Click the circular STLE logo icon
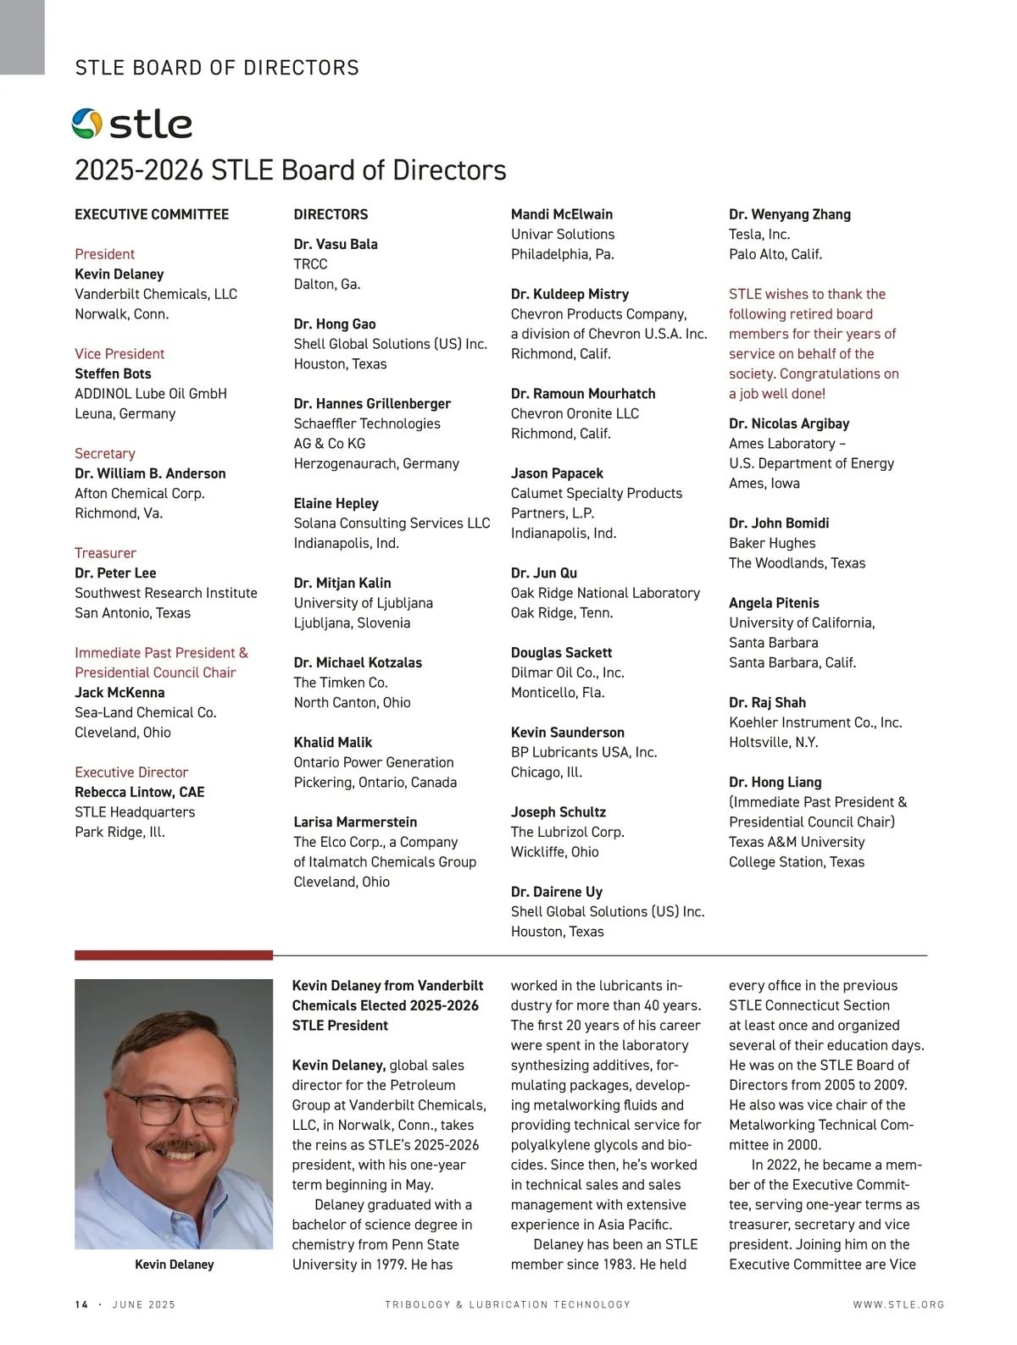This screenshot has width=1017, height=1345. pyautogui.click(x=86, y=124)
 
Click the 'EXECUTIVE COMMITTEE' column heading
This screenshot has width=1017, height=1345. pyautogui.click(x=152, y=214)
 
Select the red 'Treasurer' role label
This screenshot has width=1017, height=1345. pyautogui.click(x=105, y=553)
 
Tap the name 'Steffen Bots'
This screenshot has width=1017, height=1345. pyautogui.click(x=113, y=374)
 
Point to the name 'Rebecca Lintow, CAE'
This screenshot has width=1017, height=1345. pyautogui.click(x=140, y=792)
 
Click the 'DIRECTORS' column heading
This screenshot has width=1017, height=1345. pyautogui.click(x=331, y=214)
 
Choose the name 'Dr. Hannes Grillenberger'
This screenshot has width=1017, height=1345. pyautogui.click(x=372, y=403)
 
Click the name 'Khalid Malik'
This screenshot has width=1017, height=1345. pyautogui.click(x=333, y=742)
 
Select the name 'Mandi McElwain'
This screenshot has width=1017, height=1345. pyautogui.click(x=562, y=214)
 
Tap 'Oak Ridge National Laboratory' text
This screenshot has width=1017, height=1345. pyautogui.click(x=605, y=593)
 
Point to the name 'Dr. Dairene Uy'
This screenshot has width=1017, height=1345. pyautogui.click(x=557, y=892)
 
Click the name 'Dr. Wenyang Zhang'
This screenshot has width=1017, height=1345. pyautogui.click(x=790, y=214)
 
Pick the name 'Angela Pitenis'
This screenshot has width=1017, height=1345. pyautogui.click(x=774, y=603)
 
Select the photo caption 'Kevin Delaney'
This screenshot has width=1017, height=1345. pyautogui.click(x=174, y=1265)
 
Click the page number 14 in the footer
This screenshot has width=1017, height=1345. pyautogui.click(x=81, y=1304)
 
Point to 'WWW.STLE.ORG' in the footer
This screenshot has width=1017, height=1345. pyautogui.click(x=898, y=1304)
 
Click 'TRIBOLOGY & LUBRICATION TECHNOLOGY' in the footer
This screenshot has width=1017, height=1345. pyautogui.click(x=508, y=1304)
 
